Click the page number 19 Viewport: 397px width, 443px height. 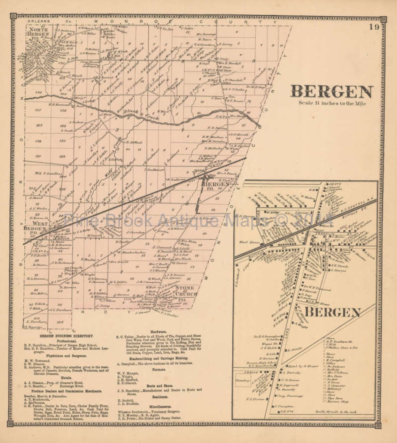click(374, 27)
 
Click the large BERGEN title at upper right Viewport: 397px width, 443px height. click(332, 92)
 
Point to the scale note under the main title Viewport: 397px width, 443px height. click(332, 103)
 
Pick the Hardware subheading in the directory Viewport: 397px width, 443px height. click(158, 332)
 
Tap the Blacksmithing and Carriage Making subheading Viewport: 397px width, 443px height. click(158, 358)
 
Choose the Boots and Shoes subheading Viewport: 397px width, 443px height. click(158, 386)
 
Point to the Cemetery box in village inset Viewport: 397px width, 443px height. click(243, 381)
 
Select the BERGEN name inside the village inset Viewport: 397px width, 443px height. click(332, 312)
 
